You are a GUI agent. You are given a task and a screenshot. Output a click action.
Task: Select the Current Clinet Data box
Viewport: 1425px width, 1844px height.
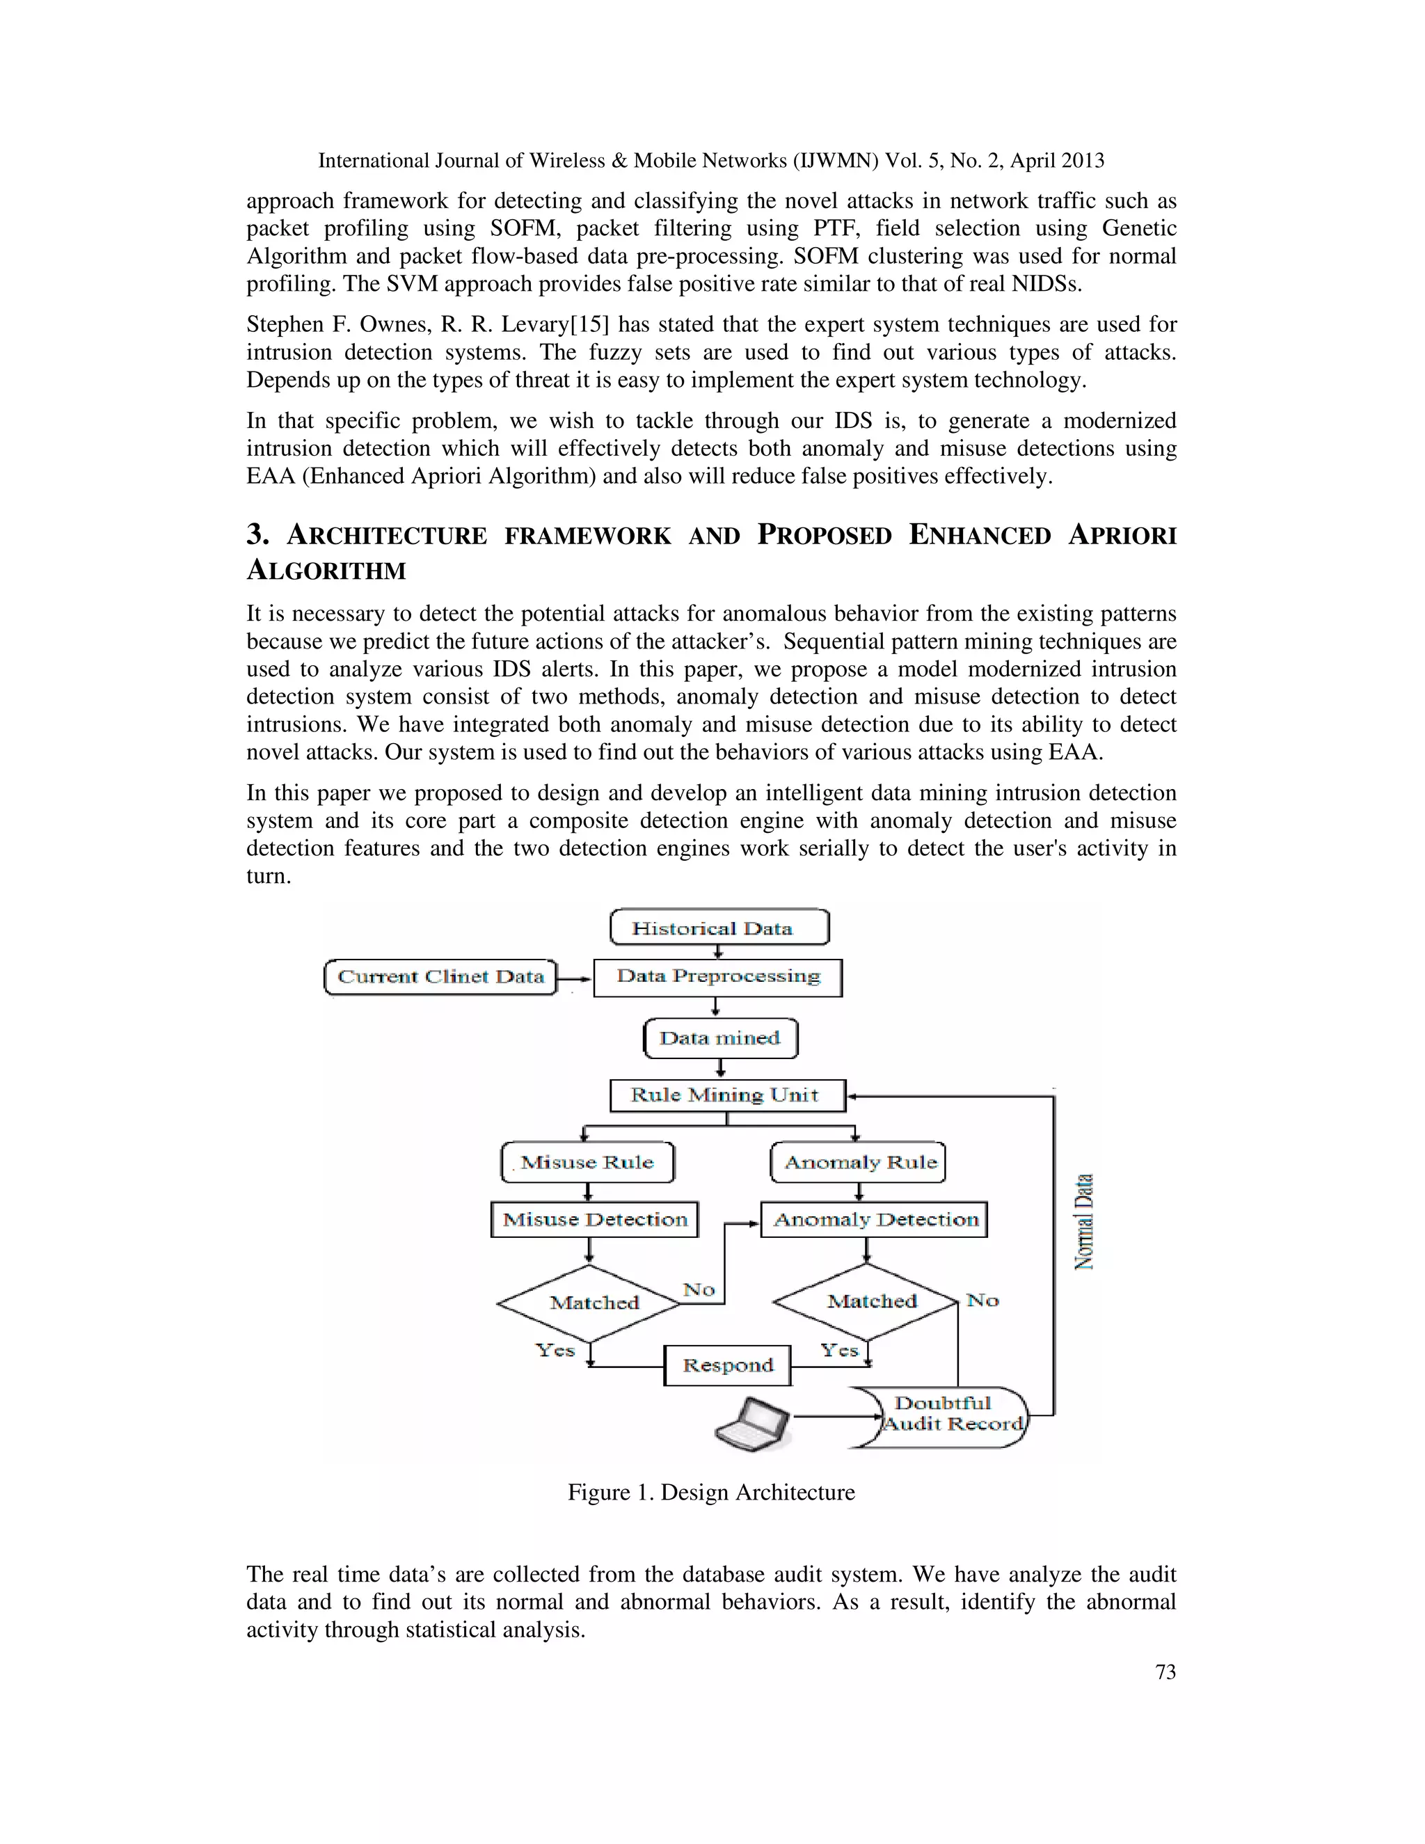click(x=440, y=977)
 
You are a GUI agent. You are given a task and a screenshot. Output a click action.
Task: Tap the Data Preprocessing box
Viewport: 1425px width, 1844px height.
click(x=717, y=977)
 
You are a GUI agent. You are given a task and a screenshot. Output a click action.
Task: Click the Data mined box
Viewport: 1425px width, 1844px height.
click(x=720, y=1038)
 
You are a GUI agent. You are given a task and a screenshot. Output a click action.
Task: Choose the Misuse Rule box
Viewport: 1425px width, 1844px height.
click(x=587, y=1163)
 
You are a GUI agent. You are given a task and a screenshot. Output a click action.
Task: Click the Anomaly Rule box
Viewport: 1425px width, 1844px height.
click(x=859, y=1163)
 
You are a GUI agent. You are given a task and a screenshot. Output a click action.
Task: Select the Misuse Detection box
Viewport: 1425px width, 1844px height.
click(x=594, y=1219)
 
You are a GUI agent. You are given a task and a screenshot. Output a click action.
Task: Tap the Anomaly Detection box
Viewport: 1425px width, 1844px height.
click(x=875, y=1219)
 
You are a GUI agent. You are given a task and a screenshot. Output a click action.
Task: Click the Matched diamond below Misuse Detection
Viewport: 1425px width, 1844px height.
click(x=591, y=1303)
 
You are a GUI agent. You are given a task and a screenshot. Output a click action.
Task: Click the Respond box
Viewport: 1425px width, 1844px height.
click(x=727, y=1365)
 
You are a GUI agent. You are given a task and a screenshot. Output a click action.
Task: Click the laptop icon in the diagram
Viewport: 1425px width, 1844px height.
click(x=753, y=1424)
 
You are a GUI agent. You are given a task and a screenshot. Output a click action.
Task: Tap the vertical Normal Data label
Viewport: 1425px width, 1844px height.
click(x=1084, y=1221)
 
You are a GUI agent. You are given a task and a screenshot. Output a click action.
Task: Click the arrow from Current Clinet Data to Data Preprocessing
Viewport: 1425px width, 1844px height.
click(x=574, y=978)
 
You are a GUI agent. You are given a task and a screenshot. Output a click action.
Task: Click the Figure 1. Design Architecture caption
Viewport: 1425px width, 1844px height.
click(x=711, y=1492)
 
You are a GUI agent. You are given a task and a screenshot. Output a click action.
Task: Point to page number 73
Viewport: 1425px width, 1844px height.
click(x=1165, y=1671)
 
